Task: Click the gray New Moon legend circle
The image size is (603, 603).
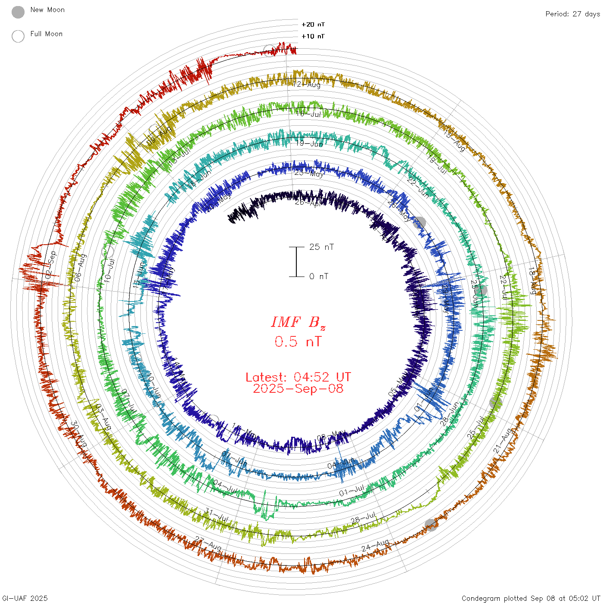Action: (18, 12)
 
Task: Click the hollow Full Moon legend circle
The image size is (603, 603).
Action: (18, 36)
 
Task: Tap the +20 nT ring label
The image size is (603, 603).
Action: (313, 25)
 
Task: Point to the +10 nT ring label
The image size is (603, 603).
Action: (313, 36)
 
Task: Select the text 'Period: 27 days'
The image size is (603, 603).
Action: (572, 14)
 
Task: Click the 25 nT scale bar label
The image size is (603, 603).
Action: (321, 247)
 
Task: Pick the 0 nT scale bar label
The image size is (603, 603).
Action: (319, 276)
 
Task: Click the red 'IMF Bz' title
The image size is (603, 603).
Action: (298, 322)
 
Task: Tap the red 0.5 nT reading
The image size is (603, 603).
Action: (298, 342)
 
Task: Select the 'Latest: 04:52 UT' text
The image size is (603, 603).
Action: (298, 377)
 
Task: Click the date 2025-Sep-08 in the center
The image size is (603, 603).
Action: (298, 389)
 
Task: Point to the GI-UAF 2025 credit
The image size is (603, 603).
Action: (25, 598)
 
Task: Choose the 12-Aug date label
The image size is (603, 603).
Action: (307, 84)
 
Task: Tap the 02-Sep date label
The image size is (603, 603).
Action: (51, 264)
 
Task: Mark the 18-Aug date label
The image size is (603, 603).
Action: (533, 281)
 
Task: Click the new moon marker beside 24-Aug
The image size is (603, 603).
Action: (431, 525)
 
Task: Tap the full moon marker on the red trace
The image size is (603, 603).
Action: (269, 50)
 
